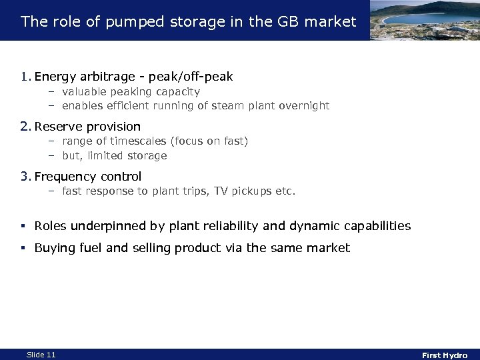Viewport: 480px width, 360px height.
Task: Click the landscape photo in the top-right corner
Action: tap(423, 20)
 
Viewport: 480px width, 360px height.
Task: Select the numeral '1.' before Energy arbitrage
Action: tap(27, 77)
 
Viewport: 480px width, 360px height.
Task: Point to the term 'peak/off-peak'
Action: tap(195, 77)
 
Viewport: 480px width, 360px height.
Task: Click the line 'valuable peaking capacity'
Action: tap(131, 92)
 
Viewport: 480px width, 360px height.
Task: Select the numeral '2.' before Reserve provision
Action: tap(27, 127)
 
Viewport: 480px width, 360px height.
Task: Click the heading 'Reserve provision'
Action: tap(87, 127)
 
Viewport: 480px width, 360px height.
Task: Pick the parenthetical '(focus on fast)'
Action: tap(209, 141)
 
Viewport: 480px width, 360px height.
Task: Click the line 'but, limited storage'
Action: tap(114, 155)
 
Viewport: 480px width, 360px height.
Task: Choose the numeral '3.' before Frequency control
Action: tap(27, 177)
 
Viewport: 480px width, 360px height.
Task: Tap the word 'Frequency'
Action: tap(64, 177)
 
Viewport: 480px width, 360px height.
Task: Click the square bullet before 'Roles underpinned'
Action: tap(24, 227)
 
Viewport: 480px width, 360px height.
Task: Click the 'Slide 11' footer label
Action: tap(41, 355)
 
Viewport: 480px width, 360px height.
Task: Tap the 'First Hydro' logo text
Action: tap(445, 355)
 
